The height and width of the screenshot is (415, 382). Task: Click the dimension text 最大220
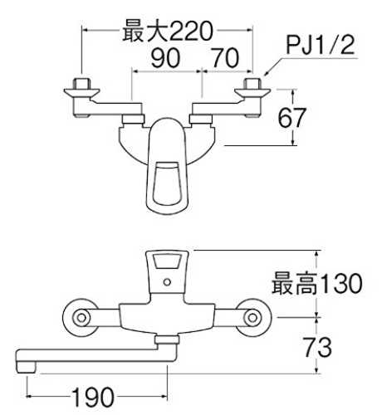point(168,31)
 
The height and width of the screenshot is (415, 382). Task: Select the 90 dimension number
point(165,58)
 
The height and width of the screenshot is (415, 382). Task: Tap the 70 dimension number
point(225,58)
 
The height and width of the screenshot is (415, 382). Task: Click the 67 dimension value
point(291,118)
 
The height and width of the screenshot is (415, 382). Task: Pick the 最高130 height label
point(317,283)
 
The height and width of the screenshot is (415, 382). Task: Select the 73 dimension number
point(317,347)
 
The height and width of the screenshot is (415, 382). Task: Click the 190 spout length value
point(93,397)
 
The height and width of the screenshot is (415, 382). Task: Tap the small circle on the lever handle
point(167,282)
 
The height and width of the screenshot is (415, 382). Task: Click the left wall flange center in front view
point(81,318)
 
